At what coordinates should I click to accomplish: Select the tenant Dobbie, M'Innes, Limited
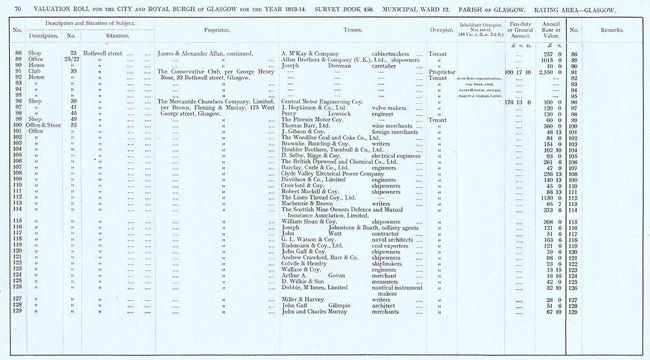315,288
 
